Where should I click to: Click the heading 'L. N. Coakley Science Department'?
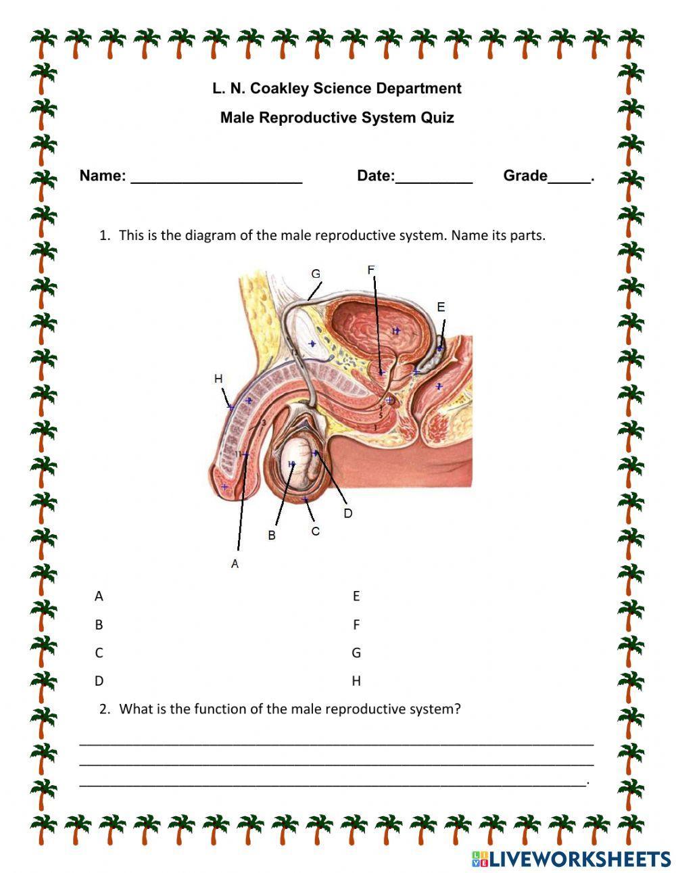pos(337,89)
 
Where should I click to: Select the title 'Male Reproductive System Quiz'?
pos(337,118)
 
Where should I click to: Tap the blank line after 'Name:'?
pos(216,177)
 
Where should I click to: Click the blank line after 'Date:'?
pos(434,177)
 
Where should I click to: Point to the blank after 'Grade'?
pos(569,177)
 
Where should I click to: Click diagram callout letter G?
pos(316,274)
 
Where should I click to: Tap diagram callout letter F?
pos(370,270)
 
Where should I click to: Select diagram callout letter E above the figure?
pos(441,307)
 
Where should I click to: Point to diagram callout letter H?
pos(218,379)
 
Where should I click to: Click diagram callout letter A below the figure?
pos(235,563)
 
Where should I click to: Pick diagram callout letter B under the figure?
pos(272,535)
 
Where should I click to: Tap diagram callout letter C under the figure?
pos(315,532)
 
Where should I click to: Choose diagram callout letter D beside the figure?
pos(347,513)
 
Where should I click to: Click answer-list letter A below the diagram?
pos(99,596)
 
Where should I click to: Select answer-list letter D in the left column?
pos(99,681)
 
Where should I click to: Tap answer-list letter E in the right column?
pos(356,596)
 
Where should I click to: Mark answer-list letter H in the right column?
pos(356,681)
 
